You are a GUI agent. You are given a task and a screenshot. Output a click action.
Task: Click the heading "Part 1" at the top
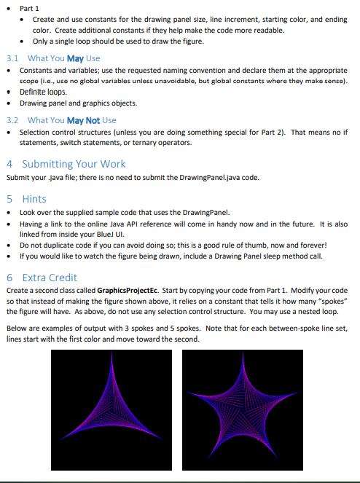30,7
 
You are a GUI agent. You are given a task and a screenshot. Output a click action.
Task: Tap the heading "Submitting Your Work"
74,164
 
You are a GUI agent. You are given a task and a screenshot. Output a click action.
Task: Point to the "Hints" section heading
34,197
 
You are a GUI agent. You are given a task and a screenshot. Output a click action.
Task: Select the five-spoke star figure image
242,409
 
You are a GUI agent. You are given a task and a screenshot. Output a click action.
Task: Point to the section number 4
9,164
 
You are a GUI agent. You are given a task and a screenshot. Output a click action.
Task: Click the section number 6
9,278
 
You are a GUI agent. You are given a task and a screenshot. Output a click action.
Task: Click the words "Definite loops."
43,93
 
